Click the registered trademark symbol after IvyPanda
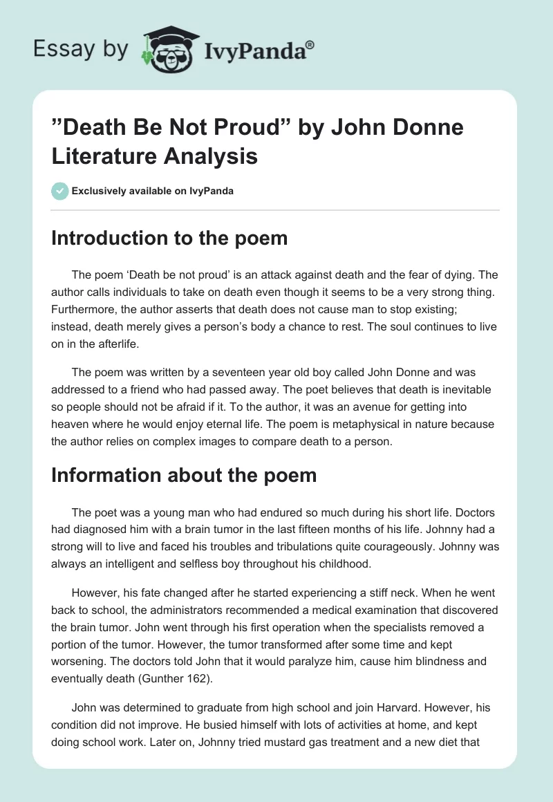tap(310, 45)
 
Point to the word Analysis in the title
tap(212, 156)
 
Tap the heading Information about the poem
tap(184, 476)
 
